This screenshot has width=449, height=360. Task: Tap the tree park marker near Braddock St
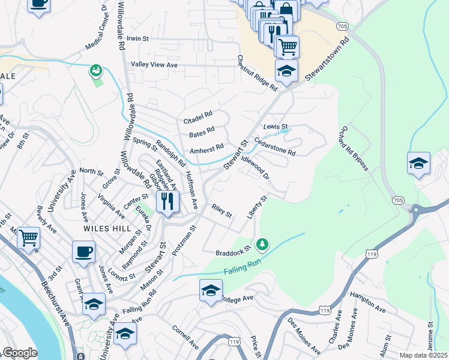261,244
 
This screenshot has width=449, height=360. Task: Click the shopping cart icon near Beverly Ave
28,238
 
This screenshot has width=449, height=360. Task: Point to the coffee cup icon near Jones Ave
83,251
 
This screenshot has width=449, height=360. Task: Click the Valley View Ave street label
155,65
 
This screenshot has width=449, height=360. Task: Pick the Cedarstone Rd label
275,146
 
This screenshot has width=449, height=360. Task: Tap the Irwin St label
137,38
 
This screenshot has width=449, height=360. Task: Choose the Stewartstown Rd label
323,61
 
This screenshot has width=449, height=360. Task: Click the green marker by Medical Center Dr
95,71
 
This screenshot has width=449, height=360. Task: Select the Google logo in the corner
20,353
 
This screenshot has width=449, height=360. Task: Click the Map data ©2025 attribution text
423,355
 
